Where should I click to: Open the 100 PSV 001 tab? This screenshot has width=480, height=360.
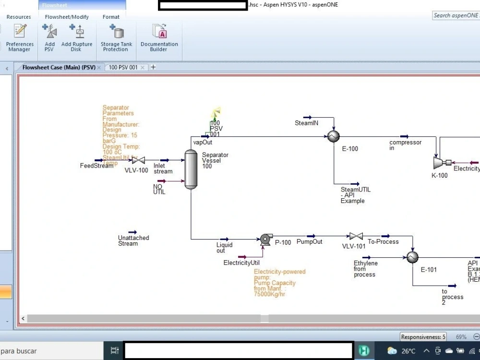[x=123, y=67]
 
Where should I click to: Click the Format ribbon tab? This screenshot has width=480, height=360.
[x=111, y=17]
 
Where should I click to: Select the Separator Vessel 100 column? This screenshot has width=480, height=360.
[x=191, y=169]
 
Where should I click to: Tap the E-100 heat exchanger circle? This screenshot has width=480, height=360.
[x=332, y=137]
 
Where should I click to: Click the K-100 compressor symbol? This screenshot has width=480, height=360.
[x=439, y=163]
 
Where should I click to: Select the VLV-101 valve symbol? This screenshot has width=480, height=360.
[x=356, y=236]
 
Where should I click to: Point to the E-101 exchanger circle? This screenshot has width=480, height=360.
[x=412, y=258]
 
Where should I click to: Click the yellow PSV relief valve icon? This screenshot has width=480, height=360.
[x=215, y=113]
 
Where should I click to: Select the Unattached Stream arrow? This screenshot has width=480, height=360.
[x=133, y=232]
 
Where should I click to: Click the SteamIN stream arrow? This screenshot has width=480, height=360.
[x=307, y=117]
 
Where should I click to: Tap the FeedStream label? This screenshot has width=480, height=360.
[x=96, y=166]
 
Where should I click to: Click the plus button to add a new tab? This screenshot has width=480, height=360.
[x=153, y=67]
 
